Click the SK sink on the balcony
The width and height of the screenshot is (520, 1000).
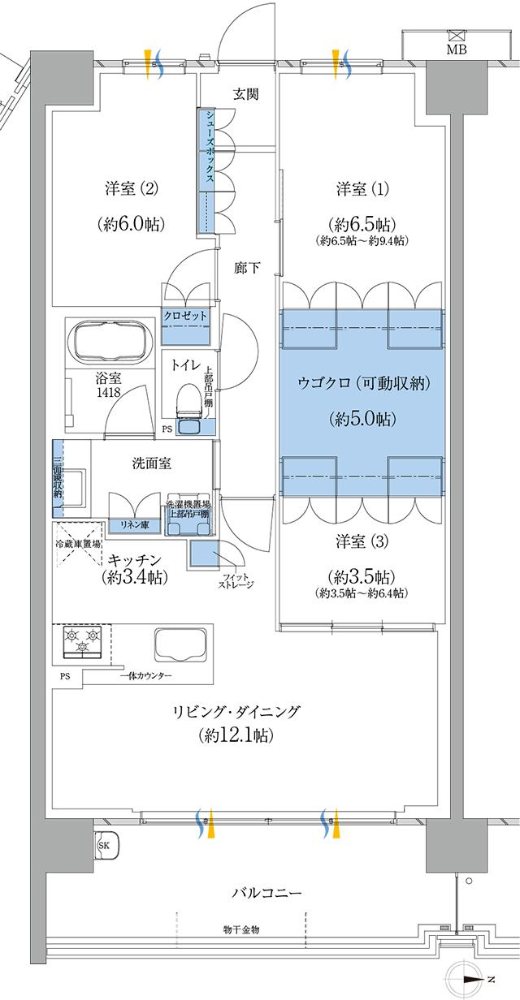106,845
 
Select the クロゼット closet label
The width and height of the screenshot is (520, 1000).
186,315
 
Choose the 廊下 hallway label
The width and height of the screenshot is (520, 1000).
247,266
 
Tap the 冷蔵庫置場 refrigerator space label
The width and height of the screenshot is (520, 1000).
78,544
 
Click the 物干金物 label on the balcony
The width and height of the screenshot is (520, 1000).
242,929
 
